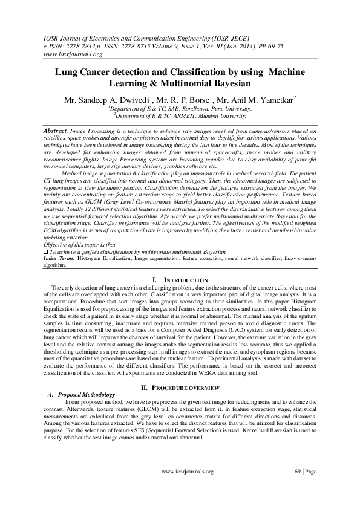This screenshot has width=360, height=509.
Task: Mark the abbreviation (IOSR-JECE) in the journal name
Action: click(214, 37)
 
